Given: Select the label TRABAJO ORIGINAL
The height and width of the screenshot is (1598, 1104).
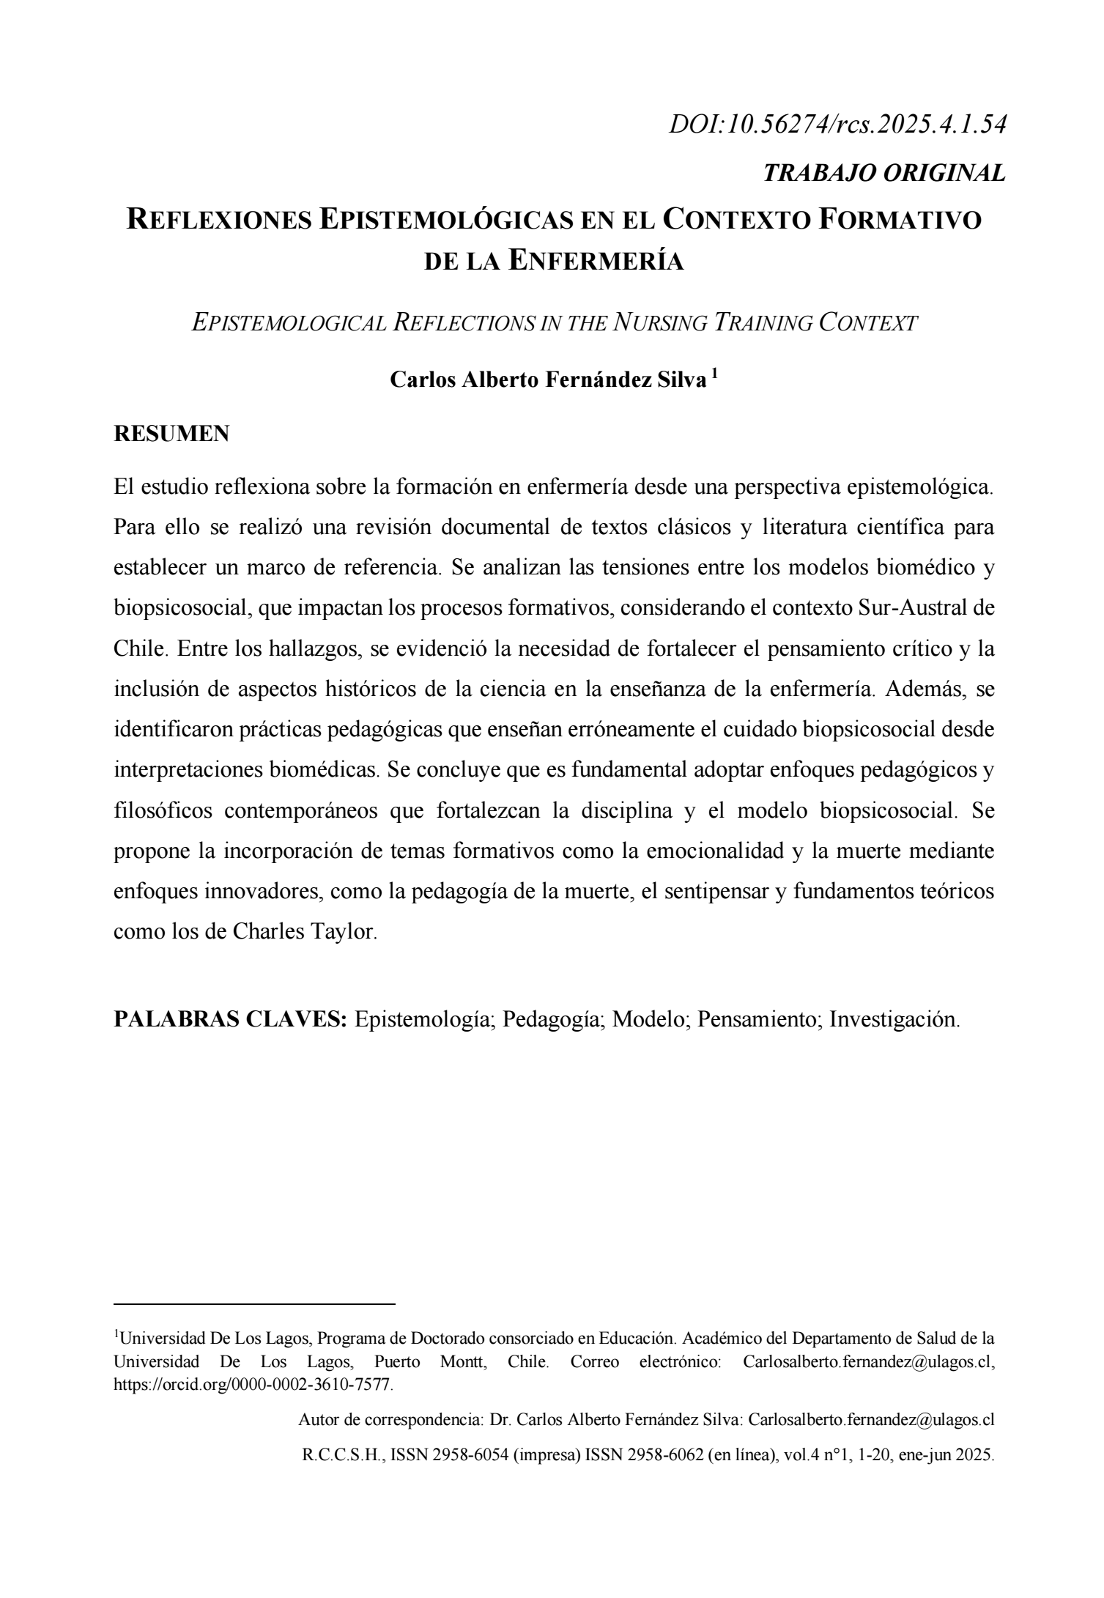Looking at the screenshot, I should [x=884, y=174].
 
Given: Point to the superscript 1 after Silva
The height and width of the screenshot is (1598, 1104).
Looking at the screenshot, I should [x=714, y=374].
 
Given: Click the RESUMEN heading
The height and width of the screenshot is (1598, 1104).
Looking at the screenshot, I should [x=171, y=434].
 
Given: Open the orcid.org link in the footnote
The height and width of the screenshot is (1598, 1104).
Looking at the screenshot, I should [x=253, y=1386].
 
